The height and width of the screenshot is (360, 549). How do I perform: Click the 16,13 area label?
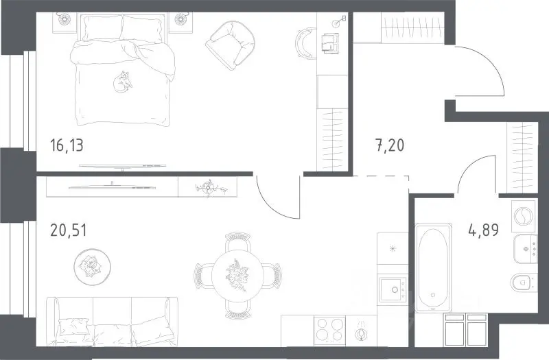tap(67, 145)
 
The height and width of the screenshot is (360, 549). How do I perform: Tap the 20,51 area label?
tap(68, 230)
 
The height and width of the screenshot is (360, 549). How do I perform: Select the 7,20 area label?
tap(390, 145)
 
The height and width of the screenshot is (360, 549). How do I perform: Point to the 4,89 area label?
tap(484, 230)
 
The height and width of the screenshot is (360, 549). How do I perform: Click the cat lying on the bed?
tap(122, 82)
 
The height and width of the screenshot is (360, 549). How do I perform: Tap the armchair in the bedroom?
tap(230, 45)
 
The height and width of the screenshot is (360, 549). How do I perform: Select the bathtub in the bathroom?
tap(433, 267)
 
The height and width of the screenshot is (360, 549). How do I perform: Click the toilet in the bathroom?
tap(524, 283)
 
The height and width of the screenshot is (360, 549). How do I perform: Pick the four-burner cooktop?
tap(329, 329)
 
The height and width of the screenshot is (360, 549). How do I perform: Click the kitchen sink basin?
tap(393, 289)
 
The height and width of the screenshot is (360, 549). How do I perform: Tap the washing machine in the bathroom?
tap(524, 216)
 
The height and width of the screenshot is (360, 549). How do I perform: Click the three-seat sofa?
tap(112, 322)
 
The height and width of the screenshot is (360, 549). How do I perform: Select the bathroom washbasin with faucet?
tap(525, 249)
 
